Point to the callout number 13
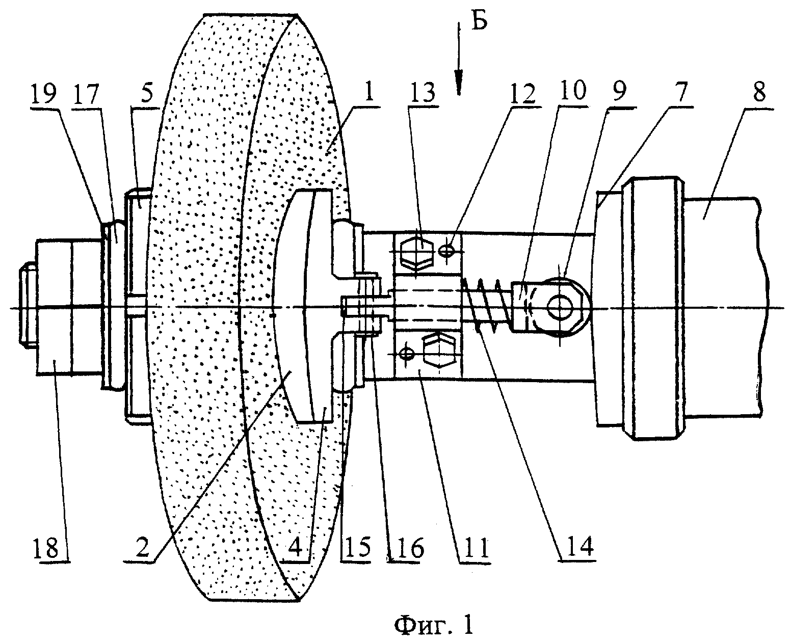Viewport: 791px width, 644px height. pos(424,93)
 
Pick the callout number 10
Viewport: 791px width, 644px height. pos(573,90)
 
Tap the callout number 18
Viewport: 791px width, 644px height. pos(46,548)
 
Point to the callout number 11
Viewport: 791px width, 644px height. pos(476,548)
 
